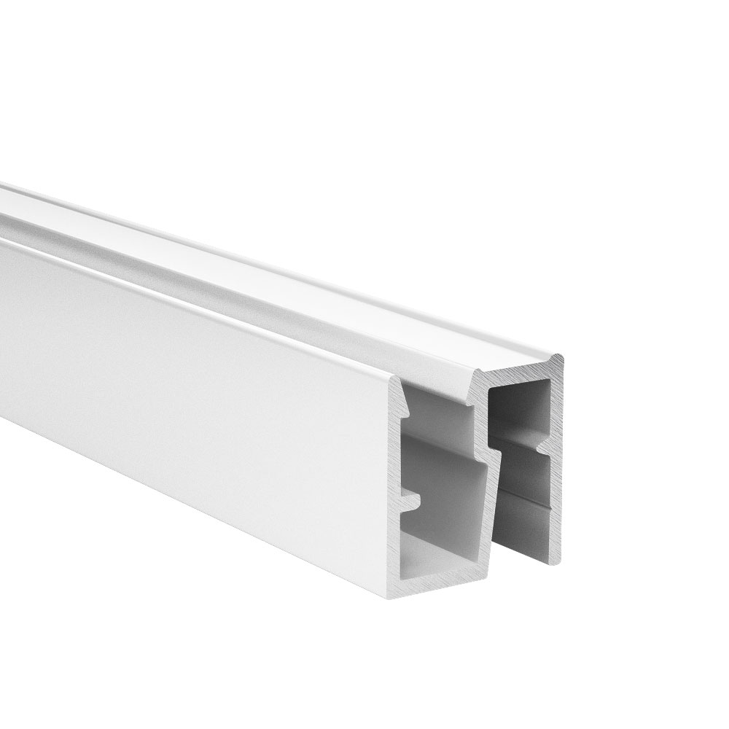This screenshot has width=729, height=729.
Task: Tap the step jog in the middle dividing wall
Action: tap(496, 449)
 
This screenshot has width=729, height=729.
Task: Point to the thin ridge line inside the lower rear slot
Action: tap(529, 499)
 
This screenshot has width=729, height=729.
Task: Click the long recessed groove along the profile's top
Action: tap(219, 241)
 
